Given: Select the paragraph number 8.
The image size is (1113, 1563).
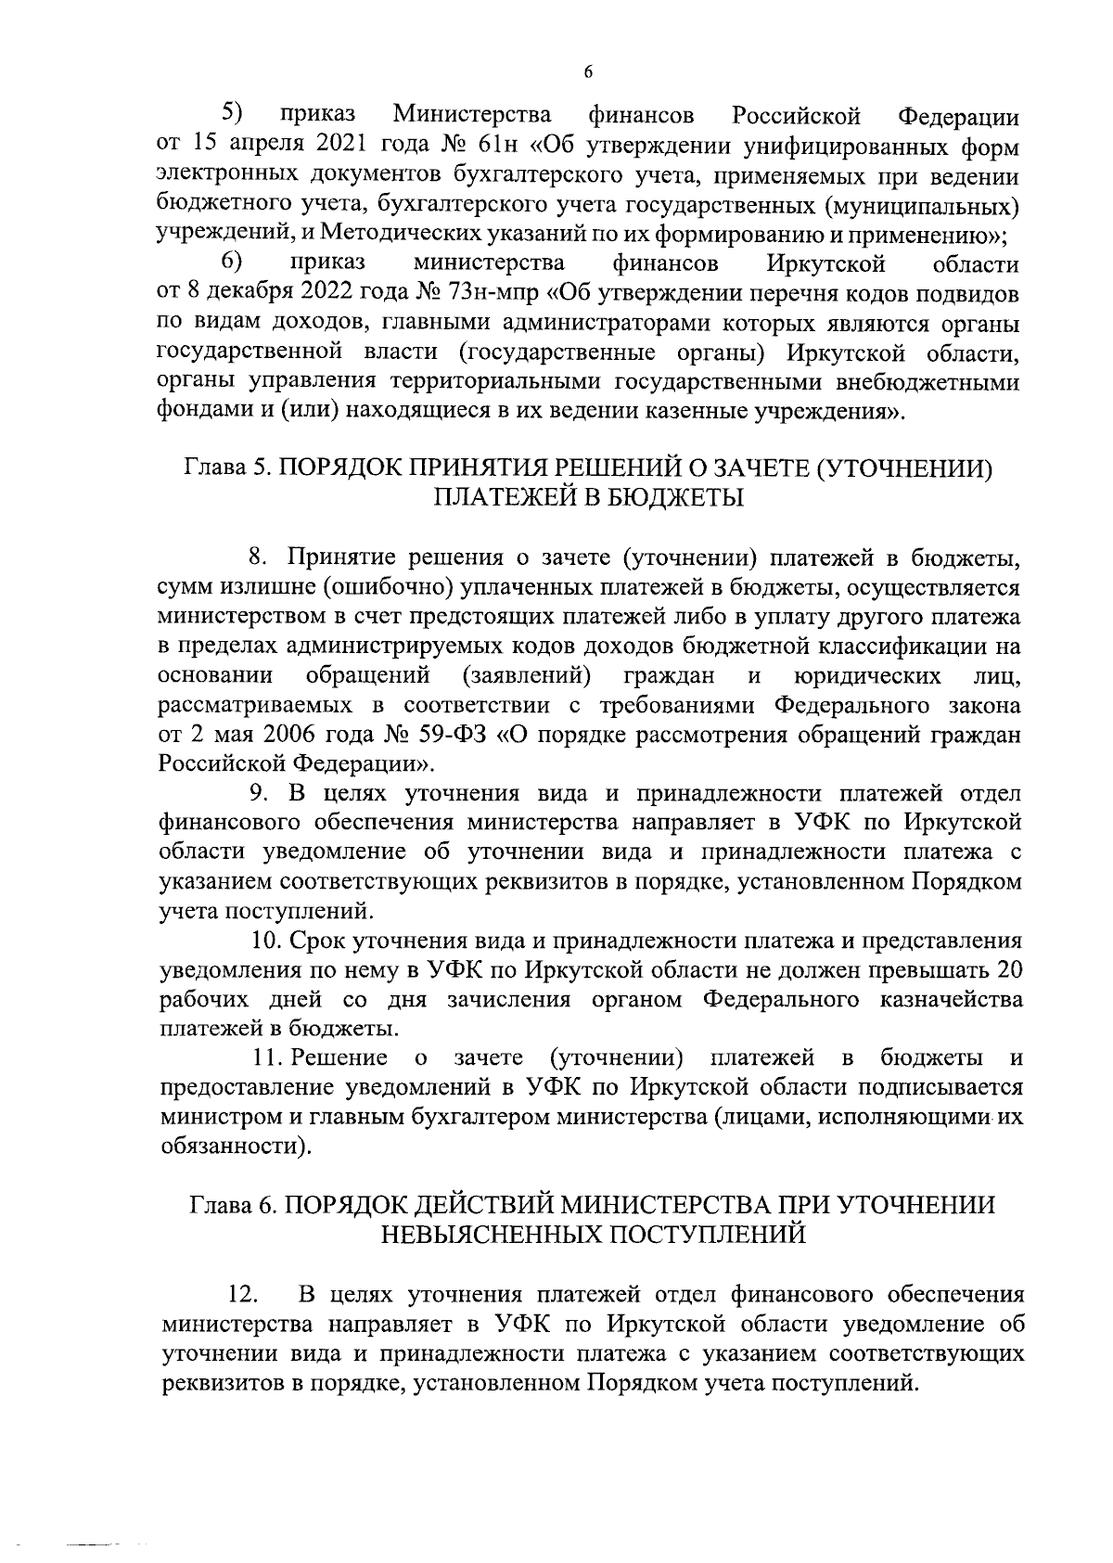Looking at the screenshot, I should pyautogui.click(x=259, y=557).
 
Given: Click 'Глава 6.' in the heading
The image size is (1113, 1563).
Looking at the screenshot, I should pyautogui.click(x=233, y=1206).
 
